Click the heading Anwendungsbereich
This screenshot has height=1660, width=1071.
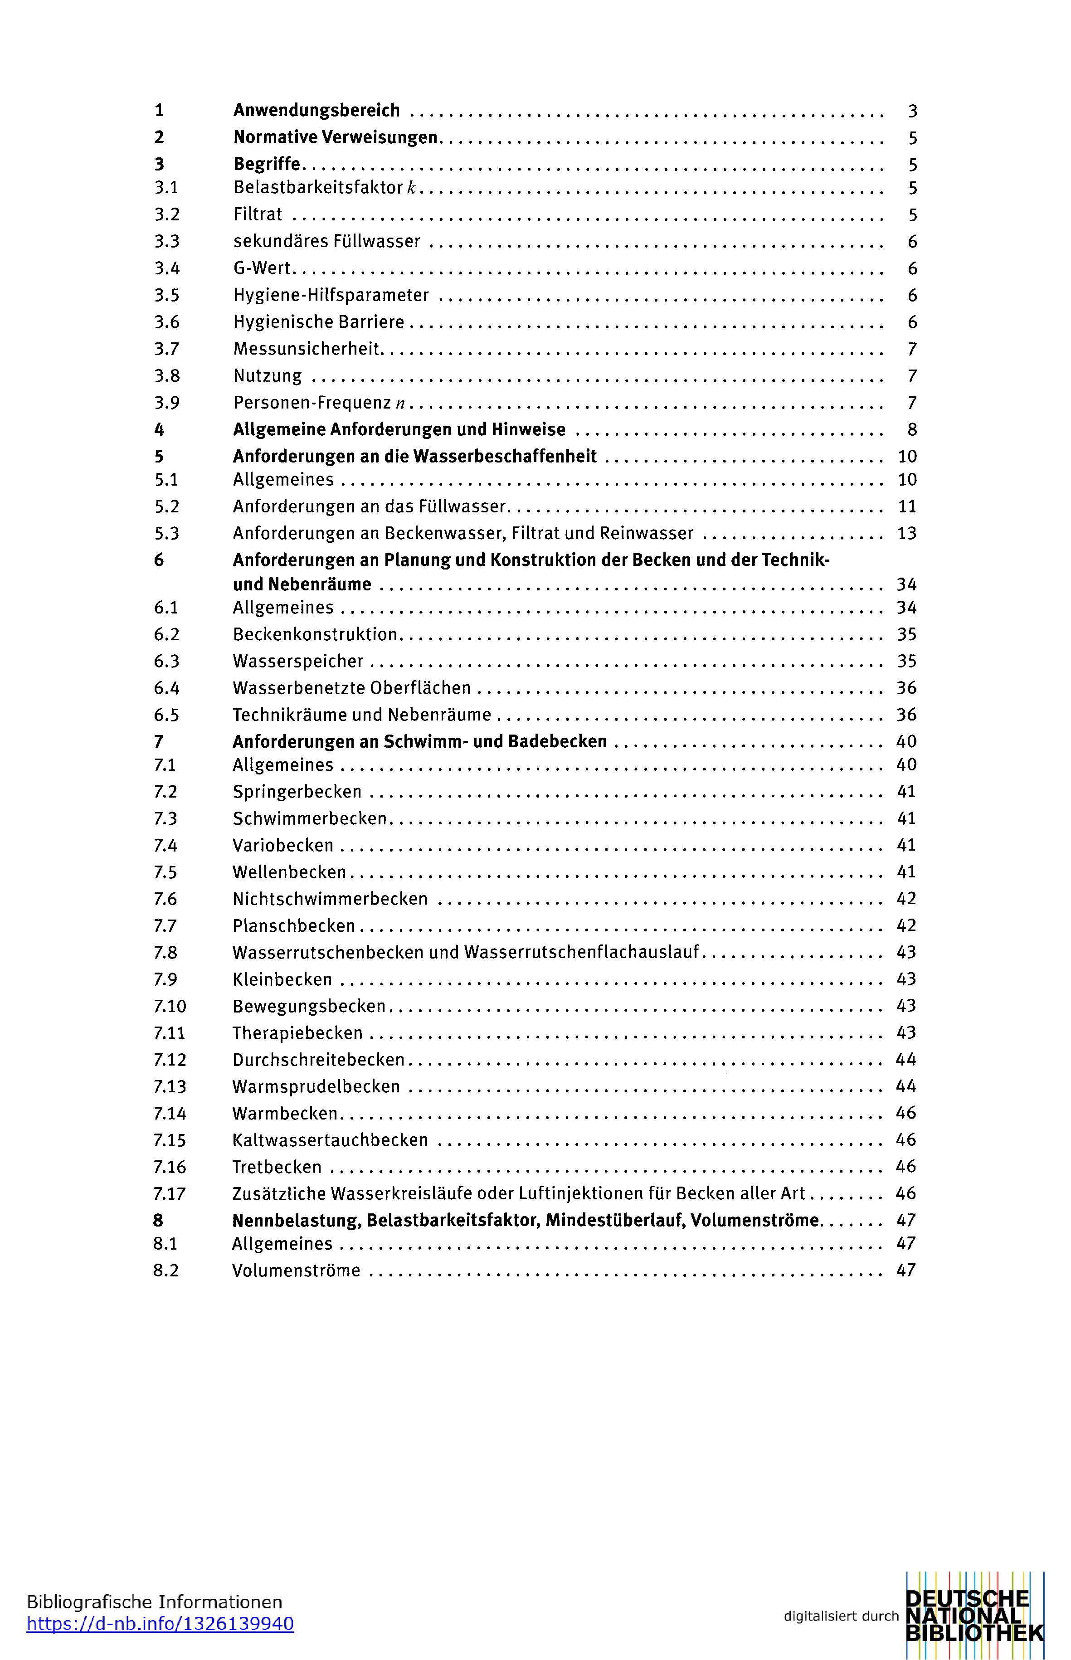point(316,111)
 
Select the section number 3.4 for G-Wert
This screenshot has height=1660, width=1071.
point(167,268)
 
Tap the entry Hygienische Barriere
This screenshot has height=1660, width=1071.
point(318,322)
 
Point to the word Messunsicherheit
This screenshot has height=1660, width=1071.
point(307,349)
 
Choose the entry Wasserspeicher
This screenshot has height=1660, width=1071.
point(297,662)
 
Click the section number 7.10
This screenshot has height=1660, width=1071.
point(170,1006)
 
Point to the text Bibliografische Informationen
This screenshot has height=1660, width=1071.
point(154,1602)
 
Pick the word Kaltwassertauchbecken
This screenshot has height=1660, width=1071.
point(330,1140)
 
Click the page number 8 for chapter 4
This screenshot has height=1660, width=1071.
point(912,430)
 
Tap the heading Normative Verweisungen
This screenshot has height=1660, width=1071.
point(335,138)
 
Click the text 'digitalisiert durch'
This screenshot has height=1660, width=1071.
point(841,1616)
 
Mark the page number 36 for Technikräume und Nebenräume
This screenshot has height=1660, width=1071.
point(906,715)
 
